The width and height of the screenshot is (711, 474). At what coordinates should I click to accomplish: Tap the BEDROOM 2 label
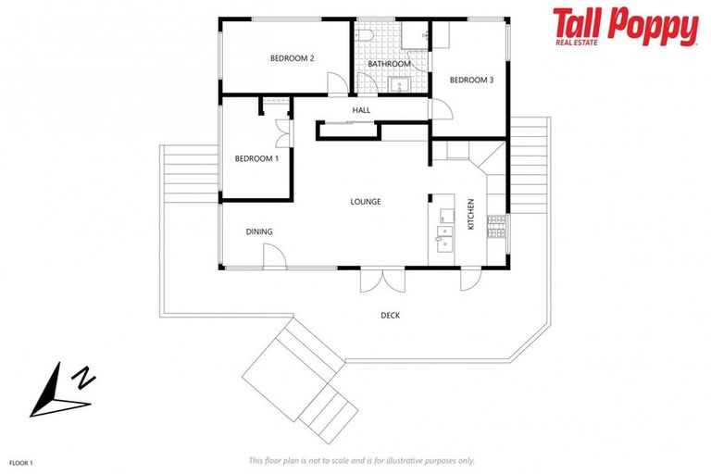tap(292, 58)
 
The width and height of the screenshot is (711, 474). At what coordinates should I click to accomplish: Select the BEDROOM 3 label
tap(471, 80)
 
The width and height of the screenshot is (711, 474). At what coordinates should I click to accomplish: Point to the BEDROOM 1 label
tap(256, 158)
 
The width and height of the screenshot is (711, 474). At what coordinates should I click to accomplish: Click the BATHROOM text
tap(389, 64)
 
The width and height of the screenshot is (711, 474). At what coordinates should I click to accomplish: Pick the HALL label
tap(361, 110)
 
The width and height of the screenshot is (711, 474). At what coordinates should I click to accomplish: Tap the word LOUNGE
tap(365, 202)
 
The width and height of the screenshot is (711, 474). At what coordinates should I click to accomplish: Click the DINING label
tap(259, 231)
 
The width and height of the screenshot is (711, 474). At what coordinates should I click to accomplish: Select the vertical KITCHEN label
tap(470, 214)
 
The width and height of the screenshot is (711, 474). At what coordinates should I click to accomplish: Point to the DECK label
tap(391, 316)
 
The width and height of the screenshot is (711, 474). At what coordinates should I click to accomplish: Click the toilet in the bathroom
tap(366, 35)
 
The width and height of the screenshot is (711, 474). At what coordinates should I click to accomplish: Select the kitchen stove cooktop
tap(498, 225)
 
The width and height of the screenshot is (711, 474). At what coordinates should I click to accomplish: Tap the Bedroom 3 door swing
tap(444, 109)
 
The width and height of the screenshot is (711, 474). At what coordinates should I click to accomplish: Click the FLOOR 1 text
tap(21, 460)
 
